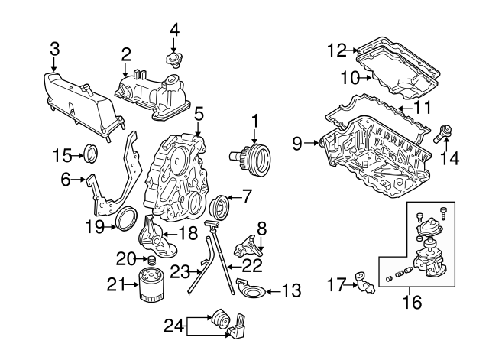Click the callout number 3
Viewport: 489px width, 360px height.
coord(54,49)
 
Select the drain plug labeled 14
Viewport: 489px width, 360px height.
coord(442,135)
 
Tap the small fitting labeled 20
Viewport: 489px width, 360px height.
coord(151,261)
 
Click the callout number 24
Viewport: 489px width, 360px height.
coord(173,326)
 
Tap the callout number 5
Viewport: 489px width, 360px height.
coord(199,114)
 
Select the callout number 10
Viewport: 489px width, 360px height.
coord(350,77)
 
